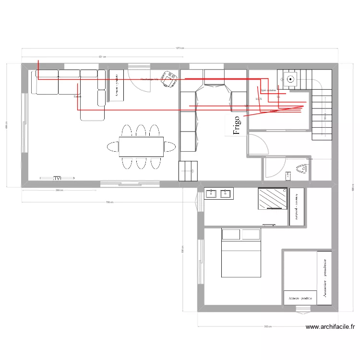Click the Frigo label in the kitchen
click(237, 125)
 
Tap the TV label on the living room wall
click(58, 178)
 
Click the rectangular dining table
click(141, 146)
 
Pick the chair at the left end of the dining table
click(113, 146)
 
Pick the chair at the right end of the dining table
click(169, 146)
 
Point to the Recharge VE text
click(149, 79)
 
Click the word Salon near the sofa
click(77, 96)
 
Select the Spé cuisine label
click(268, 90)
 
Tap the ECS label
click(259, 99)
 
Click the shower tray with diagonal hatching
click(272, 198)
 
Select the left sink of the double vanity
click(212, 193)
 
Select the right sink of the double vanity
click(225, 193)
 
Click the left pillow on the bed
click(231, 235)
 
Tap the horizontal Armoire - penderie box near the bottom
click(300, 298)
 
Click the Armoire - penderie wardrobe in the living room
click(116, 86)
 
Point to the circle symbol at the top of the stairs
click(290, 78)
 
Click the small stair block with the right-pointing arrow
click(188, 171)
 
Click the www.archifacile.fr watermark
click(330, 327)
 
